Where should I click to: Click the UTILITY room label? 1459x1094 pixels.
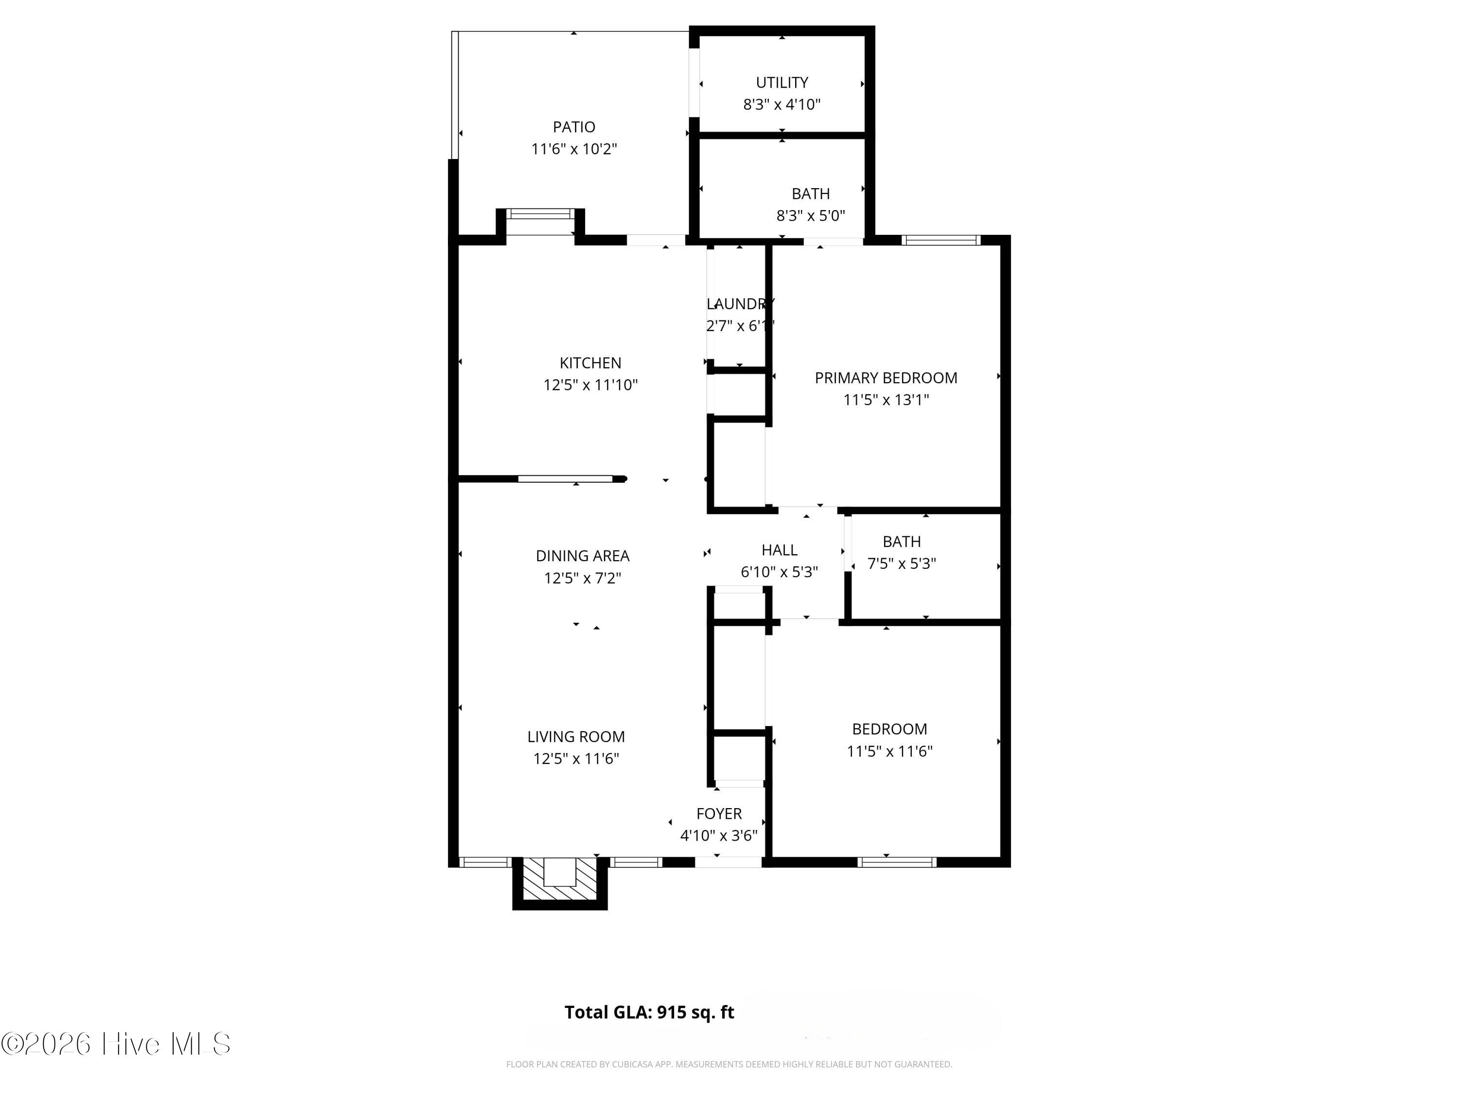pyautogui.click(x=782, y=83)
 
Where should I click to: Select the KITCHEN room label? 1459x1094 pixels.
pyautogui.click(x=590, y=363)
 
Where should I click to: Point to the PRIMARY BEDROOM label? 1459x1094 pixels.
pyautogui.click(x=886, y=378)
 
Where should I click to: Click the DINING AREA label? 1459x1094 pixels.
pyautogui.click(x=583, y=556)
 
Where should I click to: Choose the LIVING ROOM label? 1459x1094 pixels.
pyautogui.click(x=576, y=737)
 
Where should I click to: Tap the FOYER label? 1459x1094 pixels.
pyautogui.click(x=719, y=814)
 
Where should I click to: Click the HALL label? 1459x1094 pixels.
pyautogui.click(x=780, y=550)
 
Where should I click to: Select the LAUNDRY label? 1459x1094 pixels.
pyautogui.click(x=740, y=304)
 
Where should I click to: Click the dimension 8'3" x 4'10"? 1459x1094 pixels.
pyautogui.click(x=782, y=104)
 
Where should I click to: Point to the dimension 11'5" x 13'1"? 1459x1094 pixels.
pyautogui.click(x=886, y=400)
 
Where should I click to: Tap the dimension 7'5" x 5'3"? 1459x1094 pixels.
pyautogui.click(x=902, y=563)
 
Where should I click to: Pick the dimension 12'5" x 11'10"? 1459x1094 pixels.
pyautogui.click(x=590, y=385)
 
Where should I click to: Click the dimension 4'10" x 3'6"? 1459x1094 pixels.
pyautogui.click(x=719, y=835)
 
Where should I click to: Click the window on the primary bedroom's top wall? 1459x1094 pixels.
pyautogui.click(x=941, y=240)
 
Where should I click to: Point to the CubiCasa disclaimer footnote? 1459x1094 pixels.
pyautogui.click(x=729, y=1064)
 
